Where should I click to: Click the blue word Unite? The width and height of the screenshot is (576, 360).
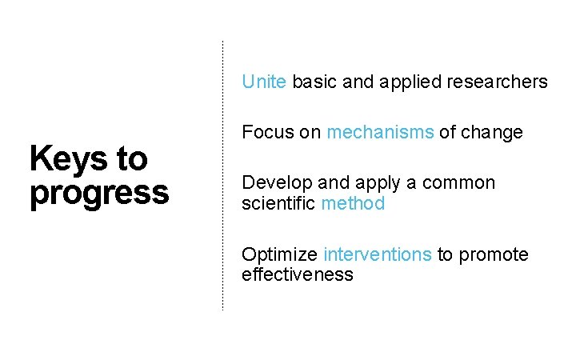pyautogui.click(x=263, y=82)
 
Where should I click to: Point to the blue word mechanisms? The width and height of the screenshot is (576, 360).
pyautogui.click(x=380, y=132)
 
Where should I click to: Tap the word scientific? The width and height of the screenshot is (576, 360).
pyautogui.click(x=278, y=203)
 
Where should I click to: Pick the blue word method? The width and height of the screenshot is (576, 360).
pyautogui.click(x=353, y=203)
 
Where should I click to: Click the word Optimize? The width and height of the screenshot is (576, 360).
pyautogui.click(x=280, y=255)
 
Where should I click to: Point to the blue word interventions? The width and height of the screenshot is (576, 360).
pyautogui.click(x=378, y=255)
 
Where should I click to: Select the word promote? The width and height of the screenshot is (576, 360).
pyautogui.click(x=493, y=255)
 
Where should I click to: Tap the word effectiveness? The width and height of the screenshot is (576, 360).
pyautogui.click(x=297, y=275)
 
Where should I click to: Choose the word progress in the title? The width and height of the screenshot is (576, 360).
pyautogui.click(x=99, y=194)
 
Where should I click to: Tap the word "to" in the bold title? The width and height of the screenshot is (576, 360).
pyautogui.click(x=132, y=158)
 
